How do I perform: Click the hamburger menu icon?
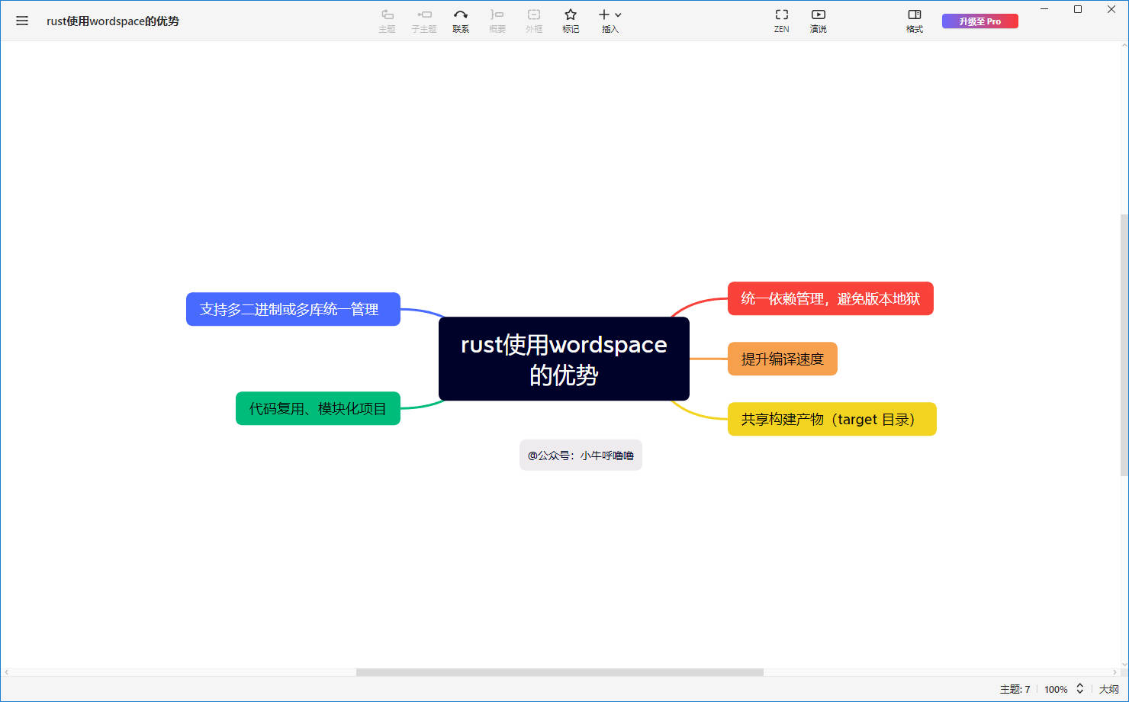(21, 21)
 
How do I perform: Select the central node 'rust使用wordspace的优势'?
(564, 359)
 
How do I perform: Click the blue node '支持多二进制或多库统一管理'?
(294, 309)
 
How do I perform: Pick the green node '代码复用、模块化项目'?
(318, 408)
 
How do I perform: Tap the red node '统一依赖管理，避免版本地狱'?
(831, 298)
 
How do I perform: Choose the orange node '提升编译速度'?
(783, 359)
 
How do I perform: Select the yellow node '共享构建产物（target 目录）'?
(832, 419)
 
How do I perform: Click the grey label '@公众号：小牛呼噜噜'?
(581, 456)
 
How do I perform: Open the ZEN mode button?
(781, 21)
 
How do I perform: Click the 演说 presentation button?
(818, 21)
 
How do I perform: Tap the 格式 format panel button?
(915, 21)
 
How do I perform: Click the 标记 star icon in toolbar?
(571, 21)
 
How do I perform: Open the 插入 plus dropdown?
(610, 21)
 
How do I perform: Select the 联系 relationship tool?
(461, 21)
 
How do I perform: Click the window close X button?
(1111, 9)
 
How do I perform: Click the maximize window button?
(1078, 9)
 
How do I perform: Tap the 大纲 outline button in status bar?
(1109, 689)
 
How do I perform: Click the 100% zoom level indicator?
(1056, 689)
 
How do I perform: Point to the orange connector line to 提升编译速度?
(709, 359)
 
